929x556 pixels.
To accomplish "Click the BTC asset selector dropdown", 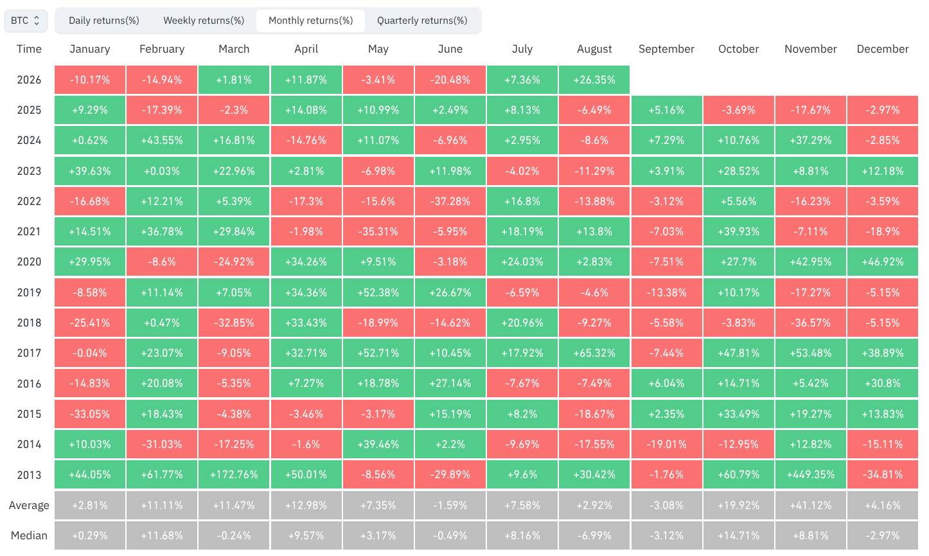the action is tap(26, 21).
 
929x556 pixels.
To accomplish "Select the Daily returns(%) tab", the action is tap(103, 21).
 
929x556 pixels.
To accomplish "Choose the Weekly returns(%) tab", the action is tap(204, 21).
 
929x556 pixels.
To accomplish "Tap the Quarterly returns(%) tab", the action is tap(422, 21).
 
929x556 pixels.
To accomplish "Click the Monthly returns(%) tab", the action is tap(311, 21).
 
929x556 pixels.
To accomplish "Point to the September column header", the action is tap(666, 49).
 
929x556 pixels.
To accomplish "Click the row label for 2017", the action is tap(29, 353).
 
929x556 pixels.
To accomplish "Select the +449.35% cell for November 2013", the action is tap(810, 474).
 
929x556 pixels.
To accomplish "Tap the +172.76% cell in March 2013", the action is tap(234, 474).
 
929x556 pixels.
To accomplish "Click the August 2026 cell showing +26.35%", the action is tap(594, 80).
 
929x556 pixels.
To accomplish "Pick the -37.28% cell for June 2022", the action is tap(450, 201).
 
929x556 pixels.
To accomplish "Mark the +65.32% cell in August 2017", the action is tap(594, 353).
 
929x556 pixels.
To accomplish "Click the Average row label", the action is tap(29, 505).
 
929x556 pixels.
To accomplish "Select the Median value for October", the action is tap(739, 535).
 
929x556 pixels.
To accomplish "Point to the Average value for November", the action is tap(810, 505).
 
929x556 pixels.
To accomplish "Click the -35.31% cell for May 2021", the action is tap(378, 231).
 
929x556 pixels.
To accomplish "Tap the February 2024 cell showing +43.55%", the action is tap(162, 140).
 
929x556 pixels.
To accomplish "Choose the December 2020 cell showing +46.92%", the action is tap(883, 262).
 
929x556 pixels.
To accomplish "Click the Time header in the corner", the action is tap(29, 49).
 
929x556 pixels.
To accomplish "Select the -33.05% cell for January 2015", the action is tap(89, 414).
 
